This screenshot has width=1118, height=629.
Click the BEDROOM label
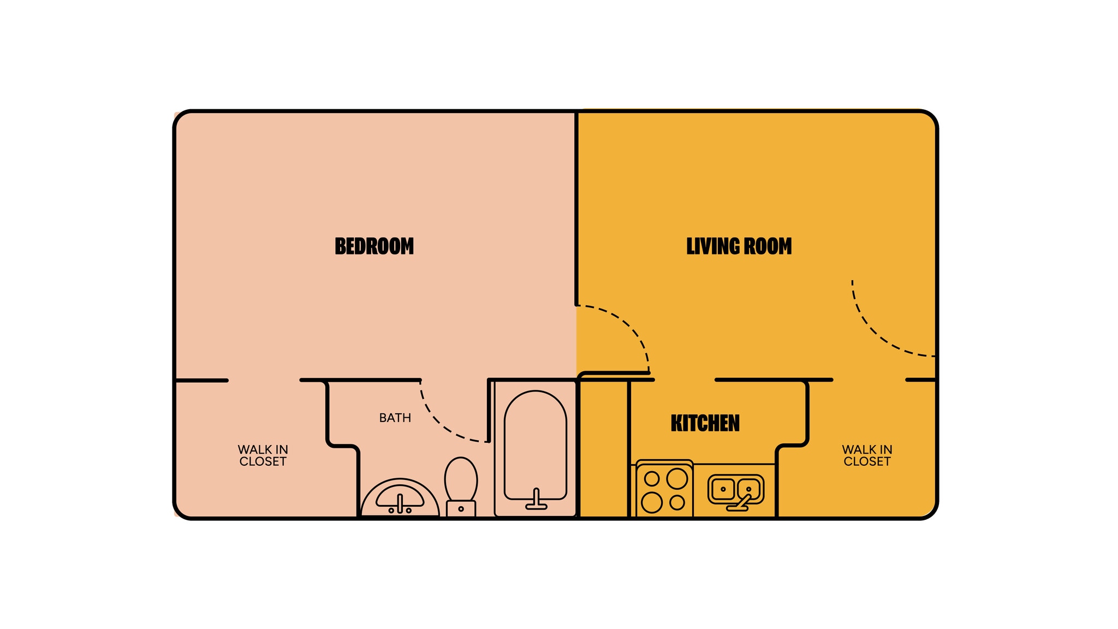tap(374, 246)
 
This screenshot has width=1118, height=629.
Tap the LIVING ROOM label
tap(739, 246)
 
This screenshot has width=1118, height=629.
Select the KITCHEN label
tap(705, 423)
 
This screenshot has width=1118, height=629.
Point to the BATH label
tap(395, 418)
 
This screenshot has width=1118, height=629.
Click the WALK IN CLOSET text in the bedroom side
tap(263, 455)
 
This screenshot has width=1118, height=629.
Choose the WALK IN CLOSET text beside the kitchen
tap(867, 455)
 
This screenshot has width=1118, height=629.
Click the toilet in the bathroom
tap(461, 480)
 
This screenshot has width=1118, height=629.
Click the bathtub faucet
tap(536, 499)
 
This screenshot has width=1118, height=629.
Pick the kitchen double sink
tap(735, 488)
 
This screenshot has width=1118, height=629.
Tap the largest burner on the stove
tap(677, 478)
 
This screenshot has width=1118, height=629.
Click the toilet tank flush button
tap(461, 509)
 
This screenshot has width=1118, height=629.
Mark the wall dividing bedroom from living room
tap(576, 207)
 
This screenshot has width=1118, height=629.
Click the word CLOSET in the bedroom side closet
tap(263, 462)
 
